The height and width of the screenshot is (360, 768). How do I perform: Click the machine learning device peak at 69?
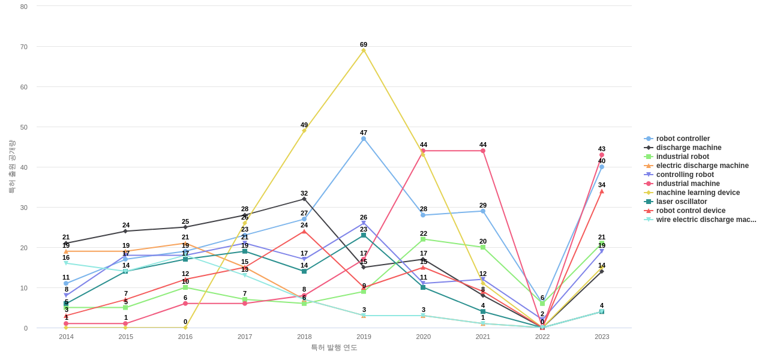364,50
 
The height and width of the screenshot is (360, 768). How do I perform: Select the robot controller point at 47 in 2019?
364,139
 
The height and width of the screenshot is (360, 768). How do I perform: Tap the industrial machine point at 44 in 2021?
483,151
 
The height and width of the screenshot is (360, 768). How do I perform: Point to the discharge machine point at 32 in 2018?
304,199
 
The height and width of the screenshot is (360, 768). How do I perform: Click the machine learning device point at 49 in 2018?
304,131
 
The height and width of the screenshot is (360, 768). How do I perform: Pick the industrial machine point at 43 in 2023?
602,155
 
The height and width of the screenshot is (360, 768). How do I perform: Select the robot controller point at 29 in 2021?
483,211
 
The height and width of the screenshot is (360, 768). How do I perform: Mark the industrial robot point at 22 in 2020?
423,239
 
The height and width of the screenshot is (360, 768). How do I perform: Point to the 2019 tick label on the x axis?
364,337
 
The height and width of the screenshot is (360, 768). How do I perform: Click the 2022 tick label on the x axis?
542,337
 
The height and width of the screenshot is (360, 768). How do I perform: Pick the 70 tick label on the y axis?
24,47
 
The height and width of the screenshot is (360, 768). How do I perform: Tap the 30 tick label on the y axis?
24,208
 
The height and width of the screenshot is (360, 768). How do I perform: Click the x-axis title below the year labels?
334,347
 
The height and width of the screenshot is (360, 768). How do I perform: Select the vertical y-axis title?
11,167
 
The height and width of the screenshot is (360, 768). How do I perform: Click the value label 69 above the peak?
364,44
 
